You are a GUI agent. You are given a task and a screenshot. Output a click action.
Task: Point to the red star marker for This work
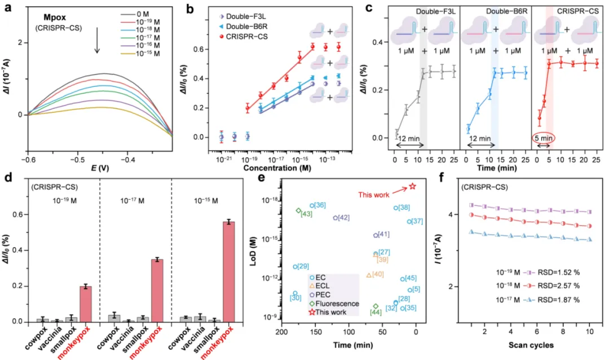coord(412,186)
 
